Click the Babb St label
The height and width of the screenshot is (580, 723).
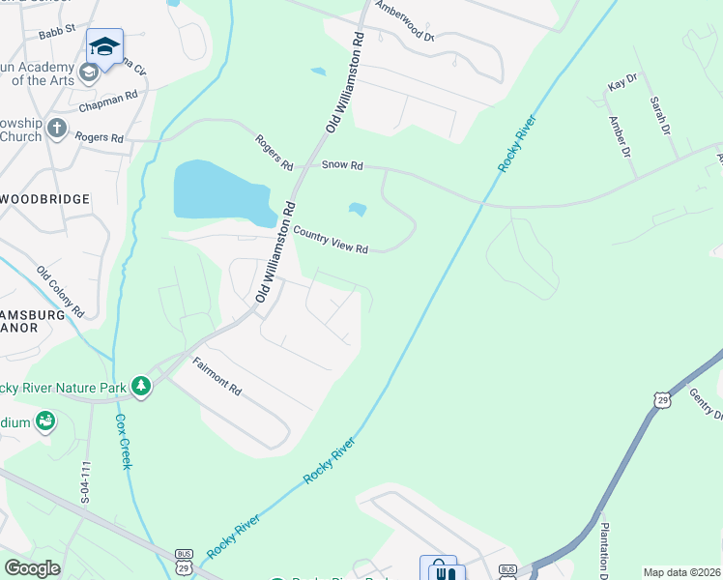coord(57,33)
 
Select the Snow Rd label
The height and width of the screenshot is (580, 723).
coord(342,166)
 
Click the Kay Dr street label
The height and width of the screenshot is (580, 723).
coord(622,85)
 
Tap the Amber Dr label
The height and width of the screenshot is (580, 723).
coord(619,136)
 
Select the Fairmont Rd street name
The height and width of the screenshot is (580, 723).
coord(217,375)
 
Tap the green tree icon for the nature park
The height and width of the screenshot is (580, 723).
coord(142,386)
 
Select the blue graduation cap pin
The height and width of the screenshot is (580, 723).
coord(104,44)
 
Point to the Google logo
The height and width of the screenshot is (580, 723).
coord(32,568)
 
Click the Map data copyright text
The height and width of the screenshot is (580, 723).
coord(682,572)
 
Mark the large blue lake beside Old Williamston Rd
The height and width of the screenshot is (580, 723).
coord(220,190)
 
